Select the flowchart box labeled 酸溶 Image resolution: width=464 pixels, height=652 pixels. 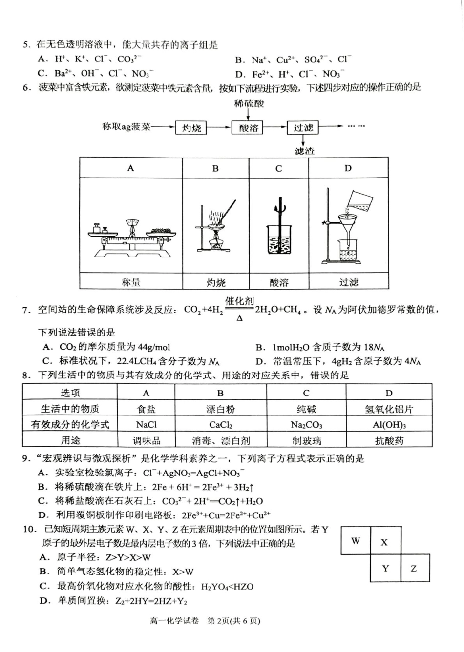click(x=249, y=128)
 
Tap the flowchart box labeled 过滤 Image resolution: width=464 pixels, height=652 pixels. click(x=303, y=128)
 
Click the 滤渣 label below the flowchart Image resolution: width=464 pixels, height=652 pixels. click(x=304, y=151)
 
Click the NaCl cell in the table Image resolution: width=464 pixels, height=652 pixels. click(x=146, y=424)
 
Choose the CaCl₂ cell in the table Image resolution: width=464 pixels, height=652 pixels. click(x=221, y=424)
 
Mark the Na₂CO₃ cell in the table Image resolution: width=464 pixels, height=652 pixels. click(x=306, y=424)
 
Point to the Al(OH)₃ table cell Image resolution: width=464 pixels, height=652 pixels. click(x=389, y=424)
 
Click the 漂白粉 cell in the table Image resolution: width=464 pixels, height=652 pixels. click(x=221, y=409)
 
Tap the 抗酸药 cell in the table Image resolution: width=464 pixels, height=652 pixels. click(x=389, y=440)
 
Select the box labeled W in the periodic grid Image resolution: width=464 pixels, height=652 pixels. click(x=356, y=541)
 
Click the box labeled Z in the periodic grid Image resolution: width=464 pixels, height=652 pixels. click(x=414, y=568)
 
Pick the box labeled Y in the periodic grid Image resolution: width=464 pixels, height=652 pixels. click(x=385, y=568)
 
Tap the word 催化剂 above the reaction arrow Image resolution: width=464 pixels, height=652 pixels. click(x=239, y=301)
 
